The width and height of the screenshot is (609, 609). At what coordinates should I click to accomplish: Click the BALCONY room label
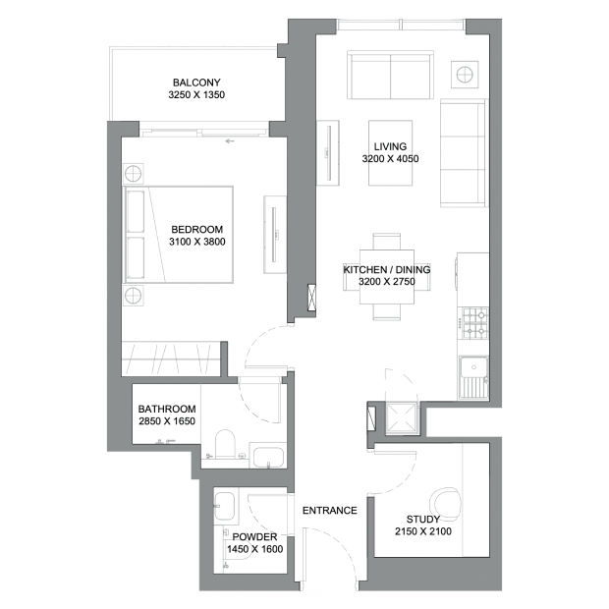(x=196, y=83)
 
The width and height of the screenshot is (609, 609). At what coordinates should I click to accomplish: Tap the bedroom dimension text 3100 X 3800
(x=196, y=242)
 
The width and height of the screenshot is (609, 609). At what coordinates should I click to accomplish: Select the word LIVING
(x=390, y=146)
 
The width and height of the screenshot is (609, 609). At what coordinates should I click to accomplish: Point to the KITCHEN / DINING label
(x=387, y=269)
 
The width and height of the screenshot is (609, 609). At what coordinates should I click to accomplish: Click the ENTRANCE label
(x=330, y=511)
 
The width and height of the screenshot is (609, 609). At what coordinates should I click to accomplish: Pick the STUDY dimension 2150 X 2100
(x=423, y=531)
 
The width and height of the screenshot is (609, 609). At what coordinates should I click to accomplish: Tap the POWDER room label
(x=254, y=536)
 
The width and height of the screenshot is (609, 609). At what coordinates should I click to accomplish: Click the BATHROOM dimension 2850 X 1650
(x=167, y=421)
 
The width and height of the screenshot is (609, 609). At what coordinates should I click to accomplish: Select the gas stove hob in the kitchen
(x=474, y=323)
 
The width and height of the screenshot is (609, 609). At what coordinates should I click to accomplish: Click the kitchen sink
(x=473, y=377)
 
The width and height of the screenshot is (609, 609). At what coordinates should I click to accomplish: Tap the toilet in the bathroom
(x=225, y=444)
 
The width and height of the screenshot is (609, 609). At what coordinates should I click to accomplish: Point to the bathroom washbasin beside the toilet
(x=268, y=457)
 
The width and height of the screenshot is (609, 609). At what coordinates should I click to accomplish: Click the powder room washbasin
(x=225, y=506)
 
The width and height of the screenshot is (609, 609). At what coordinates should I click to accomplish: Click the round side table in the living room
(x=465, y=75)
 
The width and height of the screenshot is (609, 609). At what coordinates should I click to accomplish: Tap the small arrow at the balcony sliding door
(x=230, y=141)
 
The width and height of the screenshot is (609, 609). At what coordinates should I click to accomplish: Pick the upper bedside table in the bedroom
(x=133, y=174)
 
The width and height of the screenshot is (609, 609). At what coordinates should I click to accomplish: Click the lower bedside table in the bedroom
(x=133, y=296)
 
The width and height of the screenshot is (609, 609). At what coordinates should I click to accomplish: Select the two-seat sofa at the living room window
(x=390, y=75)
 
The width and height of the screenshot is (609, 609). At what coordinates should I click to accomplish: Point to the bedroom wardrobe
(x=171, y=359)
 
